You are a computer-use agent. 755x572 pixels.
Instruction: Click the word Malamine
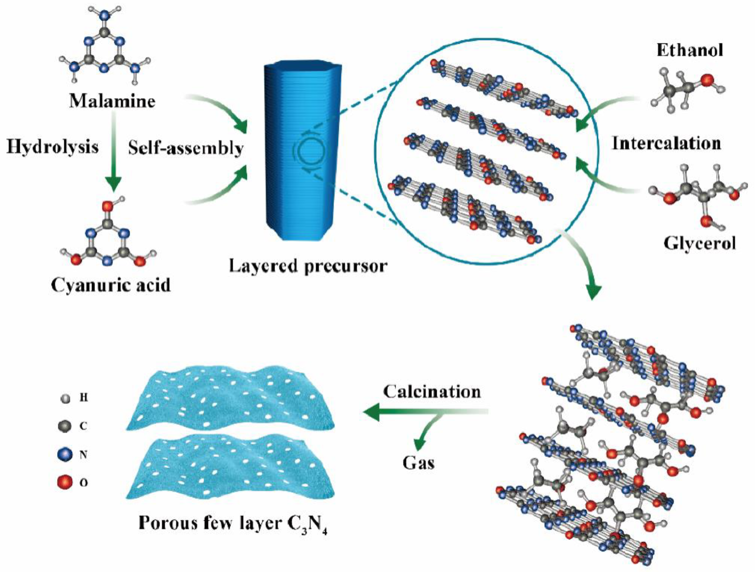112,101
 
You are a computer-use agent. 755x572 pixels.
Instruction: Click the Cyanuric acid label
111,285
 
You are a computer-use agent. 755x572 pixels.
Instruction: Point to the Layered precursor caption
308,266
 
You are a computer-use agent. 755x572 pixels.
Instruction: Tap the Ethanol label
689,50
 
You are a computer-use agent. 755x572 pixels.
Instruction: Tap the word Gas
418,463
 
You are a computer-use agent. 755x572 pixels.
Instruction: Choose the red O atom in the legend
65,483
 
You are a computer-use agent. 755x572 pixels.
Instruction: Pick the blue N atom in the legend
65,455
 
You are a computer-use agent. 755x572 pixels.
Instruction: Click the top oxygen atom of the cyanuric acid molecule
107,206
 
